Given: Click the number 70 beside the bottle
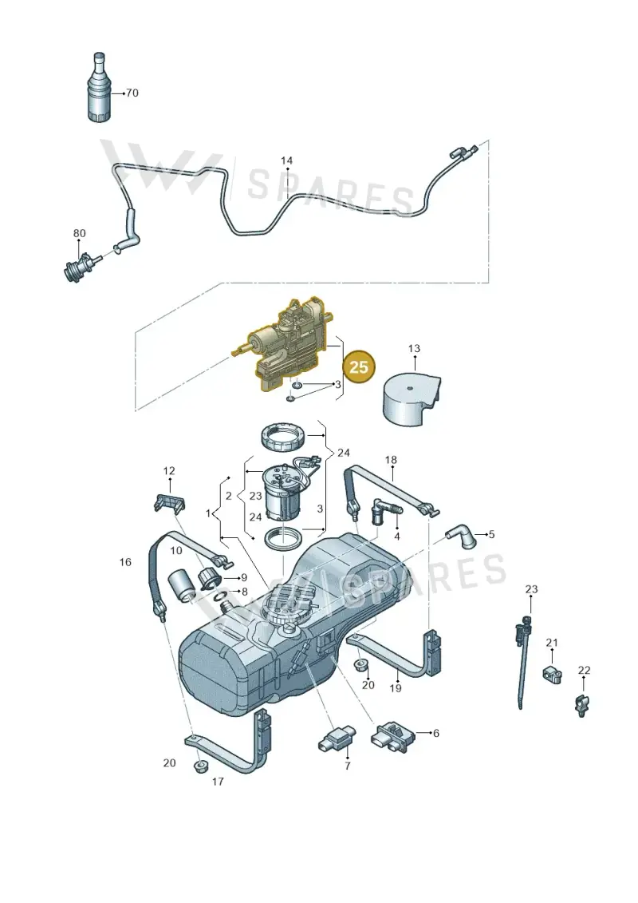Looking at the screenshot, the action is tap(132, 93).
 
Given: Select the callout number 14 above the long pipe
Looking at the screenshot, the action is tap(286, 160).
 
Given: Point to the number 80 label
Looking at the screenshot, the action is tap(80, 233).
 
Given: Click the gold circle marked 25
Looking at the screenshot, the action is tap(358, 366).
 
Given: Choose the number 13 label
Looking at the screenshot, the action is tap(414, 348).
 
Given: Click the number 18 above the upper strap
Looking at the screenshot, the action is tap(392, 460).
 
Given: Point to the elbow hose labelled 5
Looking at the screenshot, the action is tap(462, 536).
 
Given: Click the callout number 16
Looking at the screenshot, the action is tap(125, 562).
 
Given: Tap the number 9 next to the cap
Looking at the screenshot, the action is tap(244, 577).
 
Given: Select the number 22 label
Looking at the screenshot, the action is tap(584, 671).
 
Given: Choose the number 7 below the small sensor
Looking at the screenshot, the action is tap(348, 766).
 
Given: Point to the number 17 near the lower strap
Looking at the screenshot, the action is tap(218, 782).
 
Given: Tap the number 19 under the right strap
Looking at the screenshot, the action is tap(396, 687).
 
